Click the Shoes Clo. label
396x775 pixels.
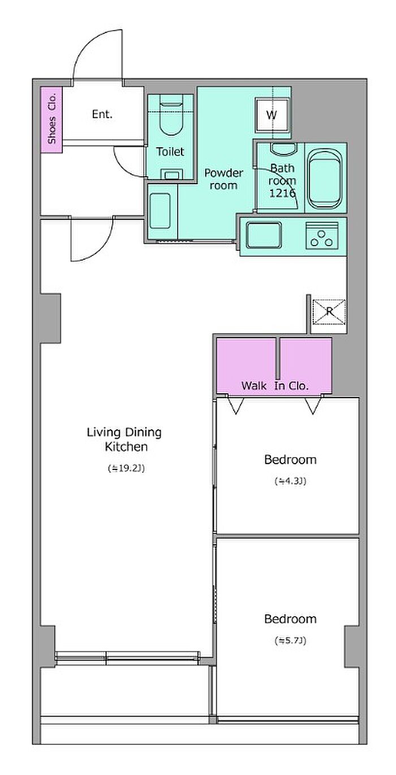(52, 119)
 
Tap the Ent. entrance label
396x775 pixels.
(102, 114)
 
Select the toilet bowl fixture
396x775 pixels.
(171, 118)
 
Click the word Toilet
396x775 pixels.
(170, 152)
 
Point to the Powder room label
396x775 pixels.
(224, 179)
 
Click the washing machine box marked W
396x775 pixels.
(272, 115)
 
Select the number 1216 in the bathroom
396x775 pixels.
(282, 193)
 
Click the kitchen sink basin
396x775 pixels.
(264, 235)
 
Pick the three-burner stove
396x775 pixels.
(322, 236)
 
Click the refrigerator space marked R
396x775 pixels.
(329, 312)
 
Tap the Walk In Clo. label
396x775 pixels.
(274, 386)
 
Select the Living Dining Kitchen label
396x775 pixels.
(124, 439)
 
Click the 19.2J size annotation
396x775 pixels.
(126, 469)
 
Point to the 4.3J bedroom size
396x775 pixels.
(290, 481)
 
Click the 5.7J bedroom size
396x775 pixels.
(290, 641)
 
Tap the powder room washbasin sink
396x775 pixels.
(160, 211)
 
